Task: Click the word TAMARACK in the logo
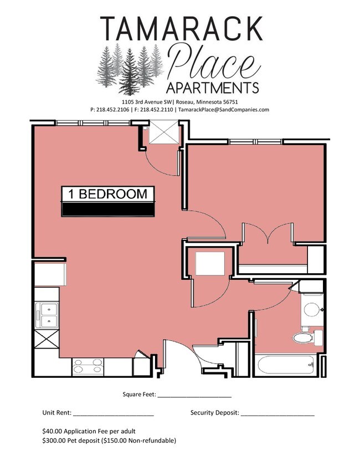pos(181,28)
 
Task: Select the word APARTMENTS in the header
pos(212,88)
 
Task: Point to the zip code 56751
pos(228,102)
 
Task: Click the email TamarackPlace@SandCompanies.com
pos(223,110)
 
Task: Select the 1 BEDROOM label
pos(108,194)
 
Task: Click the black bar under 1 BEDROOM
pos(108,209)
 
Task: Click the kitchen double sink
pos(47,315)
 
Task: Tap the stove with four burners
pos(88,367)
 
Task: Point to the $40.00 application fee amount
pos(53,431)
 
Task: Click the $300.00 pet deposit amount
pos(54,441)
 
